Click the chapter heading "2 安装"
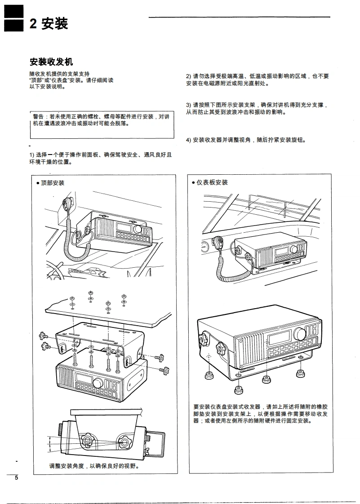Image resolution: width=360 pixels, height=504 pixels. (x=49, y=24)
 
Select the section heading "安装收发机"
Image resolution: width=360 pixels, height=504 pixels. (x=51, y=62)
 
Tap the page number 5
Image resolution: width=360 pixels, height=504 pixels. (x=17, y=477)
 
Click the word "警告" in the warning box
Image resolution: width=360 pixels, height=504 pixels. (x=40, y=117)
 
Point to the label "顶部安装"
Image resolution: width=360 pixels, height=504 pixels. (x=52, y=183)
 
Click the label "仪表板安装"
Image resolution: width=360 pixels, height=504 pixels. (x=212, y=182)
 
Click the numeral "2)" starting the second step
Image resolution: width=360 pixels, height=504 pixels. (x=189, y=76)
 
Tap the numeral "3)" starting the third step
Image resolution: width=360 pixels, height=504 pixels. (x=189, y=105)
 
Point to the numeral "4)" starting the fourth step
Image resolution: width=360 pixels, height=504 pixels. (x=189, y=140)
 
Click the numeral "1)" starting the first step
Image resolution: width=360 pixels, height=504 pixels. (x=33, y=155)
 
